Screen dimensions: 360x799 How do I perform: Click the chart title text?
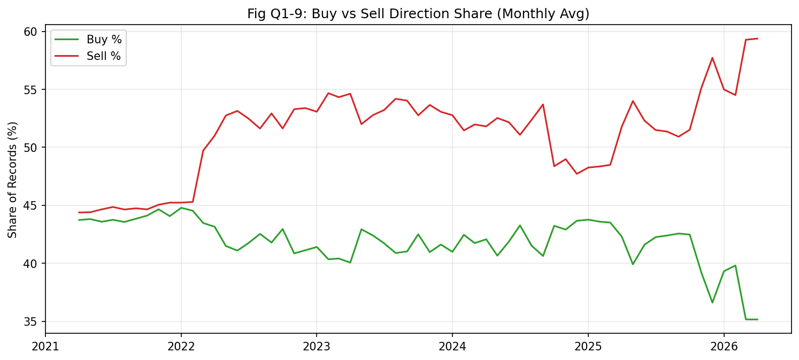pyautogui.click(x=418, y=14)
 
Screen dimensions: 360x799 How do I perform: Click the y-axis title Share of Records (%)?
pyautogui.click(x=13, y=180)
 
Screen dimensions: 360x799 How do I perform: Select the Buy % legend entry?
pyautogui.click(x=104, y=39)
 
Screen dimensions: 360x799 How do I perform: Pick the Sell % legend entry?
pyautogui.click(x=104, y=56)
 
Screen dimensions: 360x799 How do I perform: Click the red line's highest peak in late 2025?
pyautogui.click(x=712, y=58)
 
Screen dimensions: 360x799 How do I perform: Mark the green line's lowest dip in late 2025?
pyautogui.click(x=712, y=302)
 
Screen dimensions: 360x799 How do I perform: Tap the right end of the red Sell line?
pyautogui.click(x=757, y=39)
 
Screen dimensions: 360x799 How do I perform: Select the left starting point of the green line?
pyautogui.click(x=79, y=220)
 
